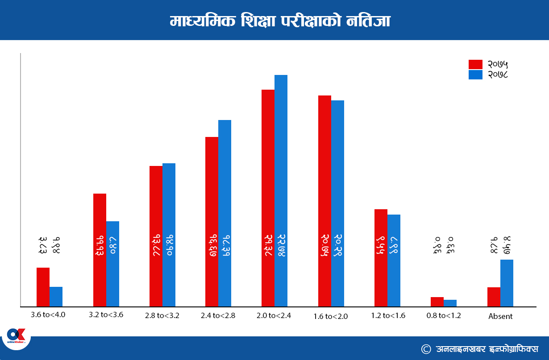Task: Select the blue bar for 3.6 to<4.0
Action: [x=56, y=297]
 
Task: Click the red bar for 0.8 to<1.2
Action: [x=437, y=302]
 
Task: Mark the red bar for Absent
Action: [x=494, y=297]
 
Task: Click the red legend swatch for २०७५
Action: [x=475, y=65]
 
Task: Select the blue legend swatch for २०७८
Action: [x=475, y=74]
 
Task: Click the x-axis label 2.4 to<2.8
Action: [x=218, y=315]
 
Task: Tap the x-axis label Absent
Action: [x=500, y=316]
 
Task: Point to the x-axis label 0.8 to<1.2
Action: [x=444, y=315]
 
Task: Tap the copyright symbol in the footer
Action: [x=426, y=348]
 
